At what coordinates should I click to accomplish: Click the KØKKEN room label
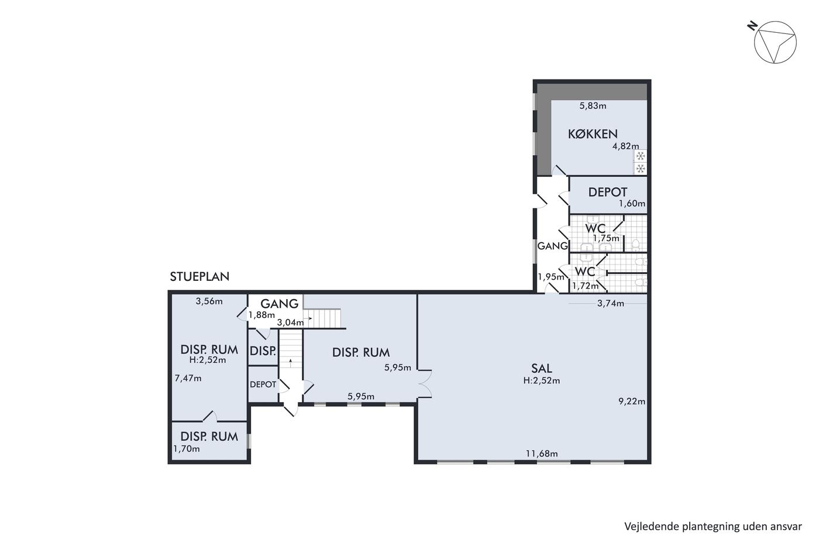593,134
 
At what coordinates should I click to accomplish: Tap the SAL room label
542,368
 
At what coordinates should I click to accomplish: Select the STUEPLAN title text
199,276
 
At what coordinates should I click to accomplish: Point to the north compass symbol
772,42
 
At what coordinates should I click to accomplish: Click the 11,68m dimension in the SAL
542,454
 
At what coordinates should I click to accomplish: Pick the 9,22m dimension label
632,401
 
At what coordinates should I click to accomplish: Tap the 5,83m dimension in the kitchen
593,106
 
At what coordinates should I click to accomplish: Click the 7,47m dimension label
188,379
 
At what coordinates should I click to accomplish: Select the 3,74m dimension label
611,303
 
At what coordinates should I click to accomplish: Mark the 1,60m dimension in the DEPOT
632,203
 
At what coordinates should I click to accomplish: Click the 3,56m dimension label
209,301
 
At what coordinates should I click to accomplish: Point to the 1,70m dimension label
187,449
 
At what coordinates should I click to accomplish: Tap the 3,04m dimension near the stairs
290,322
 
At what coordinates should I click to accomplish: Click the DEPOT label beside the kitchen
608,192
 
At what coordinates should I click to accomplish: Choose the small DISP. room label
263,351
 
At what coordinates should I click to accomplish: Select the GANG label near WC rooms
552,246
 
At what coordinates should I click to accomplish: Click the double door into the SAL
425,384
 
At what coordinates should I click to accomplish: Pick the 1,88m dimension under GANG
262,314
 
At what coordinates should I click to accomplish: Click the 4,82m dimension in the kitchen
626,146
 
